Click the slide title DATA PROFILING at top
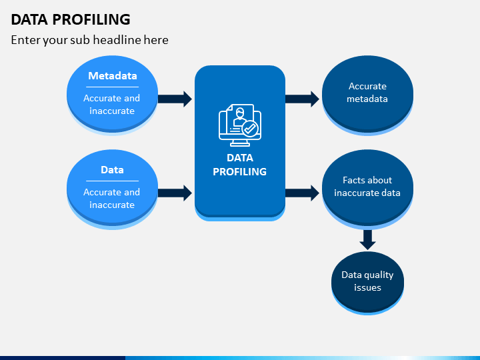pyautogui.click(x=71, y=19)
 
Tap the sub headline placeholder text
pyautogui.click(x=90, y=40)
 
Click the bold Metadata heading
pyautogui.click(x=113, y=75)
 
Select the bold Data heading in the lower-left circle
pyautogui.click(x=113, y=169)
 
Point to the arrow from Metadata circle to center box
pyautogui.click(x=175, y=99)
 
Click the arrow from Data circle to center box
pyautogui.click(x=175, y=193)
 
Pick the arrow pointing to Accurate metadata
pyautogui.click(x=302, y=99)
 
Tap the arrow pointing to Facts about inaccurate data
pyautogui.click(x=302, y=193)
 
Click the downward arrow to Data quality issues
pyautogui.click(x=367, y=240)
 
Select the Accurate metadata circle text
pyautogui.click(x=367, y=93)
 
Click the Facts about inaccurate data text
pyautogui.click(x=367, y=187)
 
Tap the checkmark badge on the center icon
pyautogui.click(x=251, y=129)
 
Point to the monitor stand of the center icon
pyautogui.click(x=240, y=143)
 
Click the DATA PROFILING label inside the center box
pyautogui.click(x=240, y=165)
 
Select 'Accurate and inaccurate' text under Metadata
pyautogui.click(x=112, y=105)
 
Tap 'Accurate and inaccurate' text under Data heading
pyautogui.click(x=112, y=199)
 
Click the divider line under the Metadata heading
pyautogui.click(x=113, y=87)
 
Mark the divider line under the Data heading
pyautogui.click(x=113, y=181)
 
